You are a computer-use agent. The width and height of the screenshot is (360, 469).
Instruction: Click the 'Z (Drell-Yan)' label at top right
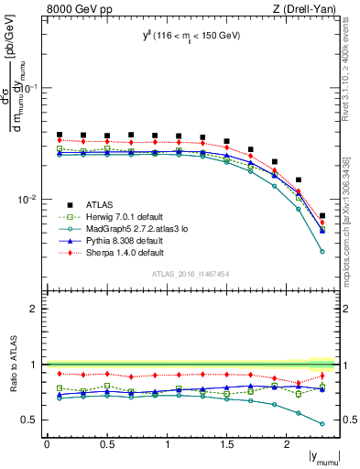pos(303,9)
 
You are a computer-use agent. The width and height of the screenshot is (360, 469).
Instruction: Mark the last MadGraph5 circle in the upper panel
pos(322,251)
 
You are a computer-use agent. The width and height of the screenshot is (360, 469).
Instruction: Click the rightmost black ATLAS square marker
pos(322,216)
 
